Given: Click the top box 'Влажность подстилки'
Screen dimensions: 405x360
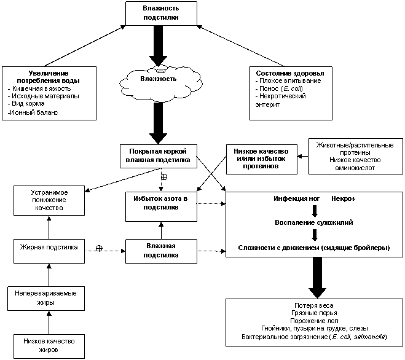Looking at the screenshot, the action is (161, 13).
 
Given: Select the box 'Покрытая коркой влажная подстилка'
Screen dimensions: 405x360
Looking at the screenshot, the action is (159, 156).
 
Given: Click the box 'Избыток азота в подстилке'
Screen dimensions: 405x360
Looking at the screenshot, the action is (161, 206).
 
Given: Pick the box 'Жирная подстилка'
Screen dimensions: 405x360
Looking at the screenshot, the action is (49, 251).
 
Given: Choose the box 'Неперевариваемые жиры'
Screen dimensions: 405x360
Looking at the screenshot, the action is (46, 299).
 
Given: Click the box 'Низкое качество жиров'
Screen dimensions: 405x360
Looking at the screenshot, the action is (49, 346).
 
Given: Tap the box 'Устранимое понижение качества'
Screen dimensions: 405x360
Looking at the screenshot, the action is (49, 200).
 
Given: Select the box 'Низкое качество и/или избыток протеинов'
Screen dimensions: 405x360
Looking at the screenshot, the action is (262, 159).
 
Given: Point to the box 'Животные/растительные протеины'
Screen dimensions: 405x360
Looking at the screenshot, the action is (355, 156).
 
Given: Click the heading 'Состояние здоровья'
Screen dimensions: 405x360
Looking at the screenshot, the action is (290, 73).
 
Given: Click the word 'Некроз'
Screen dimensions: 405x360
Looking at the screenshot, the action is (343, 198).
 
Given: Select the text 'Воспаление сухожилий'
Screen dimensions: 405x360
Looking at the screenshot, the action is (314, 222).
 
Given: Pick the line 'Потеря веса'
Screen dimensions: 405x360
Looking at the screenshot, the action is (314, 305).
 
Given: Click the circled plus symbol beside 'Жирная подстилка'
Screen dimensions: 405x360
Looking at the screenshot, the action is (99, 248).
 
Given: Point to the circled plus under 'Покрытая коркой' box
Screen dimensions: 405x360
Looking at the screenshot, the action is (164, 177).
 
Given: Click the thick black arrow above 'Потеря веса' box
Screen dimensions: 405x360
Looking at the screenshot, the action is (317, 278).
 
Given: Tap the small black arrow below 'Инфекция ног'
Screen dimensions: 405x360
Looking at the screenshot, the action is (314, 211).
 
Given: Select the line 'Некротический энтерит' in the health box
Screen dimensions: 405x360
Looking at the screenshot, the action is (280, 101).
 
